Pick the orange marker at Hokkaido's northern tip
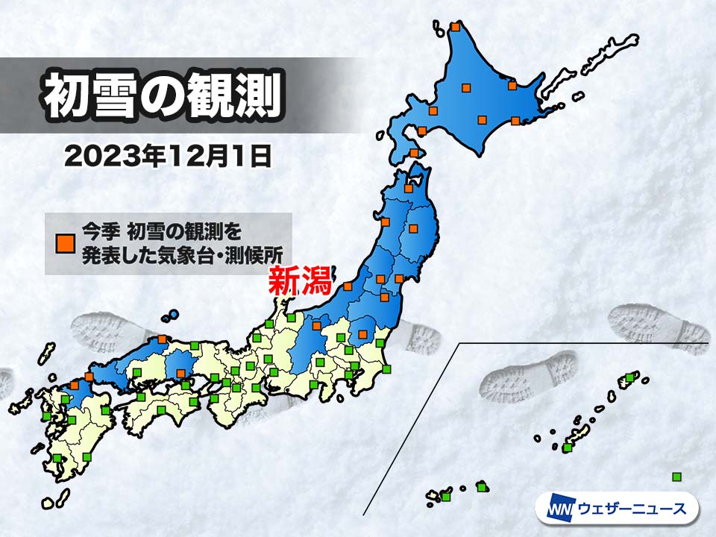tap(456, 28)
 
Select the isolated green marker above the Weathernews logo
tap(676, 477)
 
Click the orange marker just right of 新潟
tap(348, 286)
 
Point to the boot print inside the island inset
tap(529, 377)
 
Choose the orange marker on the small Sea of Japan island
tap(163, 339)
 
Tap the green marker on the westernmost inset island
tap(446, 497)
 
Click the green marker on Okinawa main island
tap(568, 447)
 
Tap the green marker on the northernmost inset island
tap(629, 378)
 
